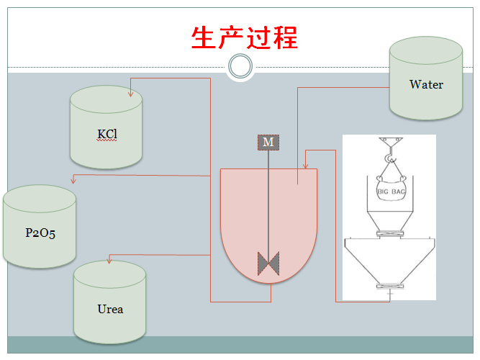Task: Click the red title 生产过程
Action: pos(244,37)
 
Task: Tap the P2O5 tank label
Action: pos(40,233)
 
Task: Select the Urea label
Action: pos(110,309)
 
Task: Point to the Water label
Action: pos(426,84)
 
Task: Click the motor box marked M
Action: pos(268,142)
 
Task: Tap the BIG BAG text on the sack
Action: pos(389,192)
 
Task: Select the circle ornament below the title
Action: pos(240,67)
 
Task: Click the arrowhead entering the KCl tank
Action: pos(130,92)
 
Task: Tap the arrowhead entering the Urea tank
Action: pos(108,258)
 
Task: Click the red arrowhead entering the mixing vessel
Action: pos(307,163)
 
